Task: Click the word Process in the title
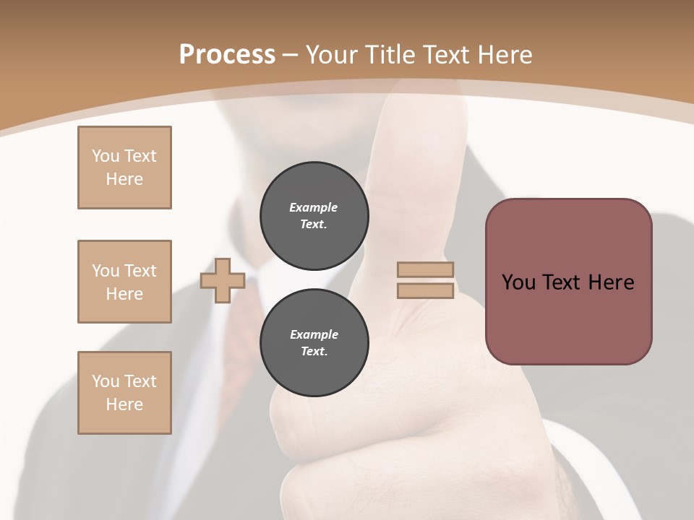point(227,55)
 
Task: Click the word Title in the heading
point(390,55)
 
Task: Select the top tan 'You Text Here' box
point(124,168)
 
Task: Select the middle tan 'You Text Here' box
point(124,282)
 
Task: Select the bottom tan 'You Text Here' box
point(124,393)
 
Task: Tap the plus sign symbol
point(222,280)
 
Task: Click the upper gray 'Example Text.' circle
point(314,215)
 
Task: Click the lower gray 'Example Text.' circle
point(314,342)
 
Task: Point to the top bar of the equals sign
point(425,269)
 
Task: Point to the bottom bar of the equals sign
point(425,290)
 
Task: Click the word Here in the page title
point(505,55)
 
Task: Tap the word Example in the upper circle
point(313,207)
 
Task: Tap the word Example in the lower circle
point(314,334)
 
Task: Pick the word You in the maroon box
point(518,282)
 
